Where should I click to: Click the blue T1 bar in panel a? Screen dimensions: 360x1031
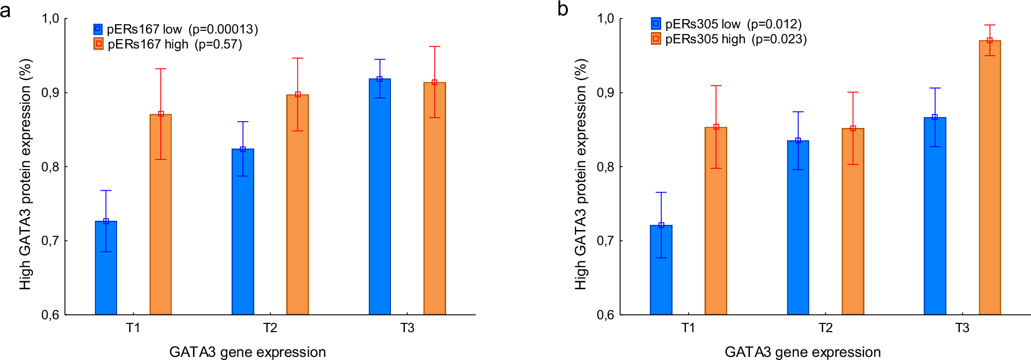[106, 268]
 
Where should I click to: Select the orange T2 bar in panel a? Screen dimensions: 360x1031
[298, 206]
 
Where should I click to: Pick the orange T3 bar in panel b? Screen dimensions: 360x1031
[989, 178]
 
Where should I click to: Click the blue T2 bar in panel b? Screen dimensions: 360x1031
[798, 227]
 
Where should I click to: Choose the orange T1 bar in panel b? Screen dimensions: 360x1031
[716, 222]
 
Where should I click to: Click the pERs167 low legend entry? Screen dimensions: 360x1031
[144, 29]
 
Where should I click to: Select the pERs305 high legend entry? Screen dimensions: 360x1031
[705, 39]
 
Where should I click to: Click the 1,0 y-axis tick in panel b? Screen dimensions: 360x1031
[606, 19]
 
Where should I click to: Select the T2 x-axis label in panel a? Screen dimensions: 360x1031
[270, 328]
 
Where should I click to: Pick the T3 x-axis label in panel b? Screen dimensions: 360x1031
[962, 328]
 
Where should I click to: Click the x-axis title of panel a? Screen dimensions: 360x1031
[248, 352]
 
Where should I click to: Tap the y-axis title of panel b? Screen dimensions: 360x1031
[581, 174]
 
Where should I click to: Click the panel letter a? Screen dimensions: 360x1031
[6, 10]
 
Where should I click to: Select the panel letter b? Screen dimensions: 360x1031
[563, 9]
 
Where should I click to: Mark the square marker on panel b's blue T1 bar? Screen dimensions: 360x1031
[661, 225]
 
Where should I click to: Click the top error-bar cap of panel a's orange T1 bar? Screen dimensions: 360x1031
[161, 69]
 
